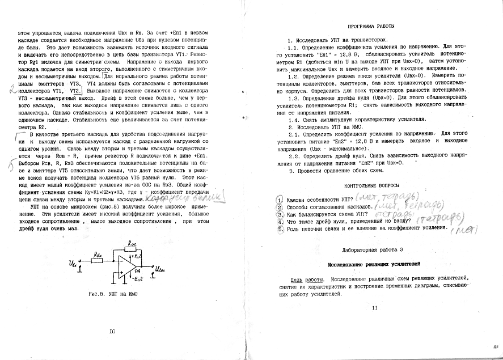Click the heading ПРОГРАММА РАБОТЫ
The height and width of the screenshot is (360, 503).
click(371, 26)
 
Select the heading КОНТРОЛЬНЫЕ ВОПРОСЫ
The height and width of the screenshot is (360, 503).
click(371, 185)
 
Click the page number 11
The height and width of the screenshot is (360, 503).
click(374, 308)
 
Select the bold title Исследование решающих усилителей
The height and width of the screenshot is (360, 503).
click(374, 265)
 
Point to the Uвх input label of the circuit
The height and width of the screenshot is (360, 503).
click(73, 265)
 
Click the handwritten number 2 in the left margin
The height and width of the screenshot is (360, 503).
click(12, 88)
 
